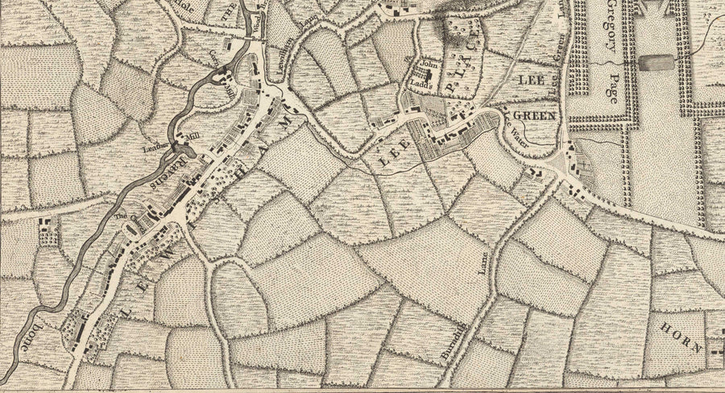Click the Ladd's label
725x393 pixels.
(x=427, y=81)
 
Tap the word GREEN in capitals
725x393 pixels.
(x=536, y=117)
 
